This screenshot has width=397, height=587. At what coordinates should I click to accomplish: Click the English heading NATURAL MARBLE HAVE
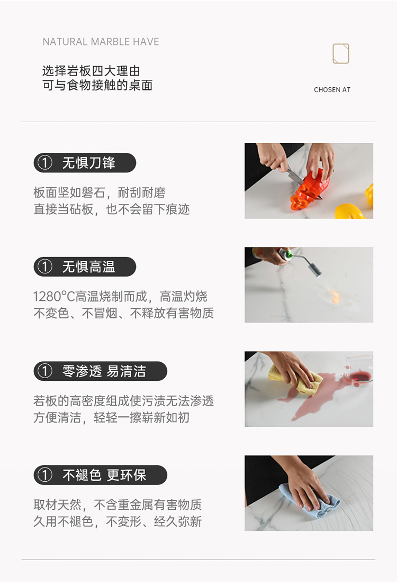point(101,42)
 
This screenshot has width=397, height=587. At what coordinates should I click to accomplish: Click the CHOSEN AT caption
point(332,90)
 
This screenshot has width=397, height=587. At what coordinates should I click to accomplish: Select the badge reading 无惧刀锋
point(85,163)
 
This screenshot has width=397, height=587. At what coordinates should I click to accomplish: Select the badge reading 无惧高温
point(85,267)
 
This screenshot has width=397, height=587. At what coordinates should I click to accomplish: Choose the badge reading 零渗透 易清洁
point(100,371)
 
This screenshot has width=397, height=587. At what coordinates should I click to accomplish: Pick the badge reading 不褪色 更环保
point(100,475)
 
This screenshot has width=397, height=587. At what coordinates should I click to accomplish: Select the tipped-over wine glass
point(359,369)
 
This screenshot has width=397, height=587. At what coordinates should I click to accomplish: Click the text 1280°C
point(54,297)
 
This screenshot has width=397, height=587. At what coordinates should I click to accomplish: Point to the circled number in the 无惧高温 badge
point(45,267)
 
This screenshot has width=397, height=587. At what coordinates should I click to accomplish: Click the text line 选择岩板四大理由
point(91,71)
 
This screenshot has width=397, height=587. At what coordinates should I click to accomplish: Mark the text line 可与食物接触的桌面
point(97,85)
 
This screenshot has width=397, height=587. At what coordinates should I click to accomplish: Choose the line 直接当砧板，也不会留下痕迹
point(111,209)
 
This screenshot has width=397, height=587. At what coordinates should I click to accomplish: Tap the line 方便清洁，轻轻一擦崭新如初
point(111,417)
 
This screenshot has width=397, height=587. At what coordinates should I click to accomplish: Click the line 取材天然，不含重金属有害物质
point(118,505)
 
